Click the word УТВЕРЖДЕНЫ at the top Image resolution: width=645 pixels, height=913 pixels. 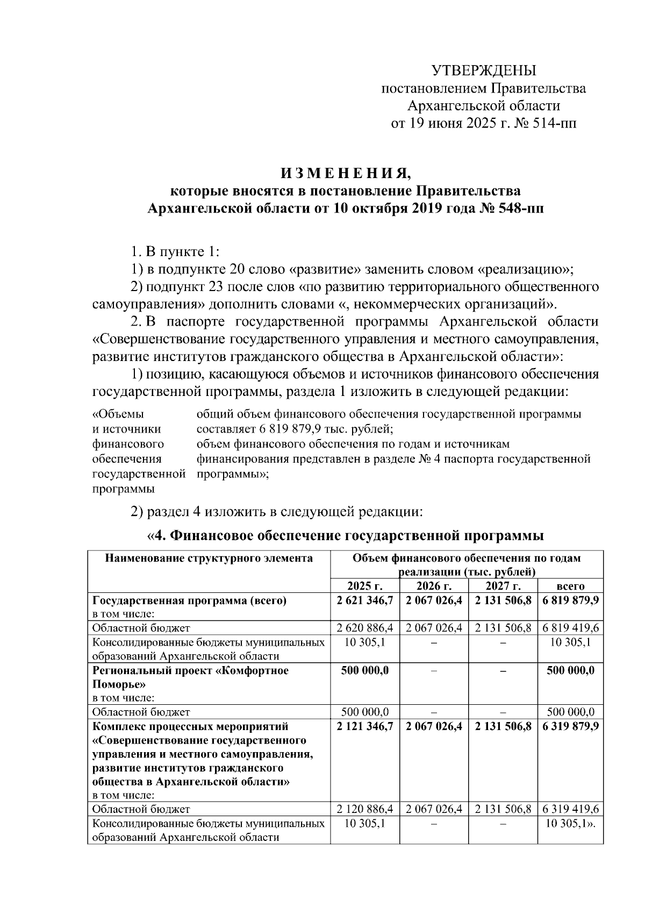click(x=484, y=70)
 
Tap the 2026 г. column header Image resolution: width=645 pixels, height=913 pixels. click(x=434, y=586)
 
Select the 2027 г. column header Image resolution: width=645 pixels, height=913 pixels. click(x=503, y=586)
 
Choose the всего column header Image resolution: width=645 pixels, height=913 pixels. click(x=570, y=586)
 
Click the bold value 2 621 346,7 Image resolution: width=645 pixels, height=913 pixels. click(x=365, y=600)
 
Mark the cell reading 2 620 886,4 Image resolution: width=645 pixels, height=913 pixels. click(x=365, y=628)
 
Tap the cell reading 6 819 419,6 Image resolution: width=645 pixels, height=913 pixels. click(x=570, y=628)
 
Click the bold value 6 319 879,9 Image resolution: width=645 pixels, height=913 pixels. click(x=570, y=726)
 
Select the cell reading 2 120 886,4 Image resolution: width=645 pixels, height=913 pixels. click(x=365, y=809)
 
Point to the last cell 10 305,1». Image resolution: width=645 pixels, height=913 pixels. click(x=570, y=824)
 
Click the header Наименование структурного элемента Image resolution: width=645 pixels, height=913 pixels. click(x=209, y=558)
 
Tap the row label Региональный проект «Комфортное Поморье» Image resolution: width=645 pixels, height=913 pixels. click(x=191, y=677)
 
